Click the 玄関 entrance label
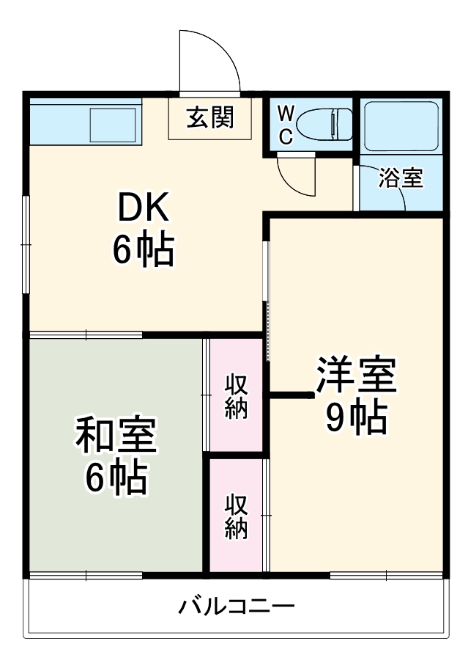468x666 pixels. click(209, 117)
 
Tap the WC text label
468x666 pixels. click(287, 124)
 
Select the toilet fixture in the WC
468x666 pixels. click(329, 122)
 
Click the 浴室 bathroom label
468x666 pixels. click(401, 178)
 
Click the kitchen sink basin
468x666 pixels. click(114, 125)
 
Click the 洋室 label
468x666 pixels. click(356, 376)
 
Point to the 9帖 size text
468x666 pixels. click(356, 417)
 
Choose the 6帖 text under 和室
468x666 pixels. click(116, 478)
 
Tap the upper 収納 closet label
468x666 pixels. click(236, 396)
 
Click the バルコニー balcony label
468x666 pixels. click(236, 607)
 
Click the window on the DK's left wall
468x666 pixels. click(26, 244)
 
